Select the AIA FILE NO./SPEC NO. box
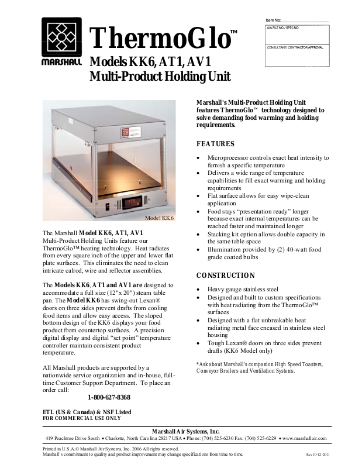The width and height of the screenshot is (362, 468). pyautogui.click(x=298, y=35)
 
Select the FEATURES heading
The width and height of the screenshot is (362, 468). pyautogui.click(x=215, y=144)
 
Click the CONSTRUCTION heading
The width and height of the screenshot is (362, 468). pyautogui.click(x=225, y=276)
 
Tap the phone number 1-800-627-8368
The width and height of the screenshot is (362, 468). pyautogui.click(x=108, y=397)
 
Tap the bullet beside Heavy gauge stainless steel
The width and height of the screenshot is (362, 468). pyautogui.click(x=201, y=290)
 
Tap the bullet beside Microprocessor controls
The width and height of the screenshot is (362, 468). pyautogui.click(x=201, y=158)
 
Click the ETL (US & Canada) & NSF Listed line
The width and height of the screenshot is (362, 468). pyautogui.click(x=87, y=412)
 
